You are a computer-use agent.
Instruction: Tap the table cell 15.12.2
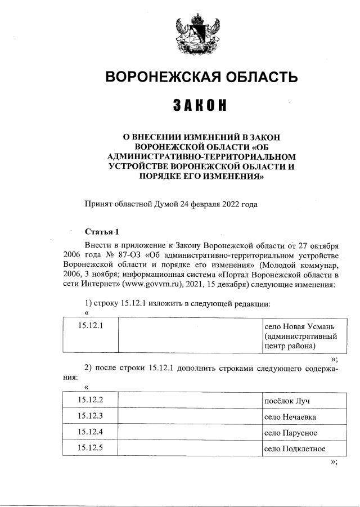[89, 400]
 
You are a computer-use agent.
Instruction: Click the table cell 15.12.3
[89, 416]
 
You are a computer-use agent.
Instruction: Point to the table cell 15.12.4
[89, 432]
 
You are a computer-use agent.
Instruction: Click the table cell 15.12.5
[89, 448]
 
